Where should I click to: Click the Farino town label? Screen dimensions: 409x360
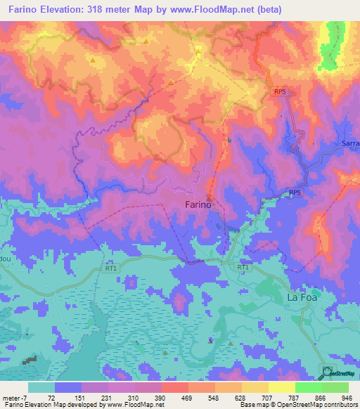click(198, 204)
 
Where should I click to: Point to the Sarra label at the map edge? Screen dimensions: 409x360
click(350, 143)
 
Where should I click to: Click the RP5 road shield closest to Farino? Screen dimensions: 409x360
click(295, 193)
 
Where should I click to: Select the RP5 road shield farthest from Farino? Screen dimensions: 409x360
click(279, 91)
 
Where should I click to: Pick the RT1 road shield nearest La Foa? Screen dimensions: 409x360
click(243, 268)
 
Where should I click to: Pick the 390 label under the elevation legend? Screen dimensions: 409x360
click(161, 397)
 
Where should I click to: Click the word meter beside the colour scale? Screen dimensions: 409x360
click(11, 397)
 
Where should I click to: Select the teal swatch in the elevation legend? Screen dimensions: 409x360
click(41, 387)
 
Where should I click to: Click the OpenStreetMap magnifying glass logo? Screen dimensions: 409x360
click(326, 371)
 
